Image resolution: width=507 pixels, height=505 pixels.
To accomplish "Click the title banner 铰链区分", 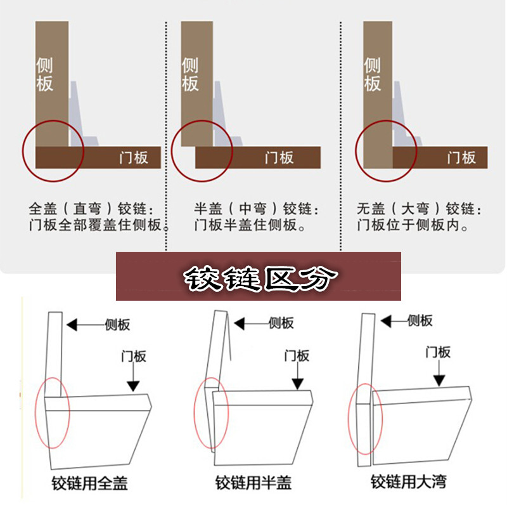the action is coord(259,277).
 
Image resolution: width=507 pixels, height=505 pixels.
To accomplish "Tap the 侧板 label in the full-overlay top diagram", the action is coord(44,74).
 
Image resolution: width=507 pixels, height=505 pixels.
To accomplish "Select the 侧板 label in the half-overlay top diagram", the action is coord(189,74).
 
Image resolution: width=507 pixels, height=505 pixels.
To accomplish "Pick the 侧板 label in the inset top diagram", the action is coord(372,74).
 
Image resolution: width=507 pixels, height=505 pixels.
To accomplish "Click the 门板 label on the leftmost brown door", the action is coord(134,157).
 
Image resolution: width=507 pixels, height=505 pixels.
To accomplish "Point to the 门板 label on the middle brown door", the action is coord(279,157).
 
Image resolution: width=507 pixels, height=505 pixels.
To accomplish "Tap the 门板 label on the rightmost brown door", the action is coord(462,157).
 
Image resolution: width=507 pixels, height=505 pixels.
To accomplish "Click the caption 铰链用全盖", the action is coord(89,483).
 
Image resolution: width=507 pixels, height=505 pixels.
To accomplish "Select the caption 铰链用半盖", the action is coord(253,483).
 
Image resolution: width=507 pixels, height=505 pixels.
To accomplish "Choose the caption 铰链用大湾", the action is coord(409,482).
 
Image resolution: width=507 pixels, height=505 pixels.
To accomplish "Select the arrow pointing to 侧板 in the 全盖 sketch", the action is coord(86,325).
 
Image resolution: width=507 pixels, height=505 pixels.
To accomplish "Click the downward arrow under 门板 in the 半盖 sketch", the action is coord(297,376).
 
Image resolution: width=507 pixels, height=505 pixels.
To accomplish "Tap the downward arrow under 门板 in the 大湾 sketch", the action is coord(439,372).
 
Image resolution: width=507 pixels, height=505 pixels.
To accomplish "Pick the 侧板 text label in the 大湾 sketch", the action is coord(420,320).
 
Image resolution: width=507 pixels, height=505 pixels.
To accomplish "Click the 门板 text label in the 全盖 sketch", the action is coord(134,357).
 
